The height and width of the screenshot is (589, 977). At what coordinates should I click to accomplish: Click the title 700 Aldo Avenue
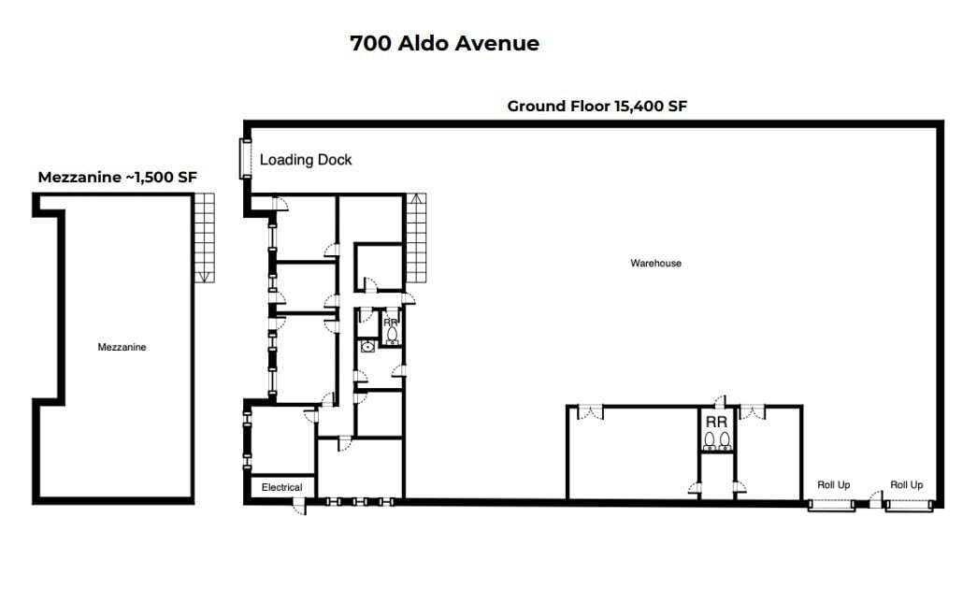click(444, 43)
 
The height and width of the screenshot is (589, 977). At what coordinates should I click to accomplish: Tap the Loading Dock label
click(306, 160)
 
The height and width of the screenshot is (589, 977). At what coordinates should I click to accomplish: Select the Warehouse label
click(655, 264)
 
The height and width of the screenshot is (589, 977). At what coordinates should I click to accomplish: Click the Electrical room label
click(281, 487)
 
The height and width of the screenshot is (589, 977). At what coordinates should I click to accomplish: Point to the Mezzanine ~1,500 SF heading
click(117, 177)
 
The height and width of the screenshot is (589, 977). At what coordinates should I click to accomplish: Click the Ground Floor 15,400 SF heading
click(596, 107)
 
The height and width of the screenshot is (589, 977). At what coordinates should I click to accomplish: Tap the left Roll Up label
click(833, 485)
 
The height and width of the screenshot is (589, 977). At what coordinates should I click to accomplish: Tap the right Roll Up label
click(906, 485)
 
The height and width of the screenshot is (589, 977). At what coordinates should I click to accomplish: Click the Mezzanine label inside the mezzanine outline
click(122, 347)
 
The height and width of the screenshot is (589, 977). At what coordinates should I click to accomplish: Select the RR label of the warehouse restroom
click(717, 421)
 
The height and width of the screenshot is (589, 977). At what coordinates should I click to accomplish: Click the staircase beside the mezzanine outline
click(205, 237)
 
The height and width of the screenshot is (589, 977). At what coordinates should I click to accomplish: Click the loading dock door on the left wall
click(245, 158)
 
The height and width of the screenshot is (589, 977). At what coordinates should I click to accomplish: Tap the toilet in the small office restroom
click(392, 333)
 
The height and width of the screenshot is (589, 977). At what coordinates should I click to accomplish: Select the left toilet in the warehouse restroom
click(711, 439)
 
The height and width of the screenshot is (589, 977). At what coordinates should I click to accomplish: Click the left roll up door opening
click(831, 505)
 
